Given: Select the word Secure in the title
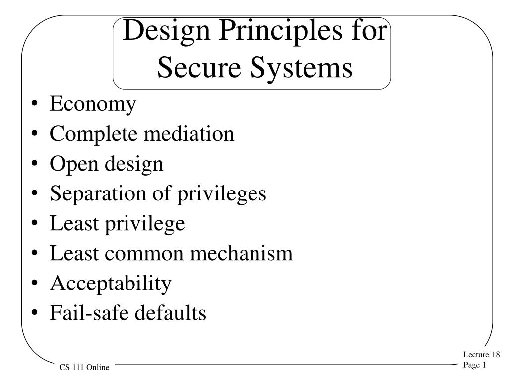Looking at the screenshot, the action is coord(199,67).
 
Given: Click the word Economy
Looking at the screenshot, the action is coord(93,104).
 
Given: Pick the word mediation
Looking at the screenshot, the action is coord(189,133).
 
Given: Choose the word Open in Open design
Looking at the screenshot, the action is coord(74,164).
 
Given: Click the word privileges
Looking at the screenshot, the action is coord(222,194).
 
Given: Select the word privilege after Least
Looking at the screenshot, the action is coord(145,224).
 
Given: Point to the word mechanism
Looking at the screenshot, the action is coord(242,253).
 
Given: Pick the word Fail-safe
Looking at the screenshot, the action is coord(89,313).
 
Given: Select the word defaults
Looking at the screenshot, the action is coord(170,313).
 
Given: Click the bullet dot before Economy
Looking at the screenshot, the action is coord(35,104).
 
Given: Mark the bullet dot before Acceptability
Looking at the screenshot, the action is coord(35,283).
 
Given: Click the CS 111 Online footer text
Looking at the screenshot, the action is coord(84,367).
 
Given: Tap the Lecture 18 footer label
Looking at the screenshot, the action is coord(482,354).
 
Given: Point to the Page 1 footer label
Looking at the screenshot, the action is coord(475,365).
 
